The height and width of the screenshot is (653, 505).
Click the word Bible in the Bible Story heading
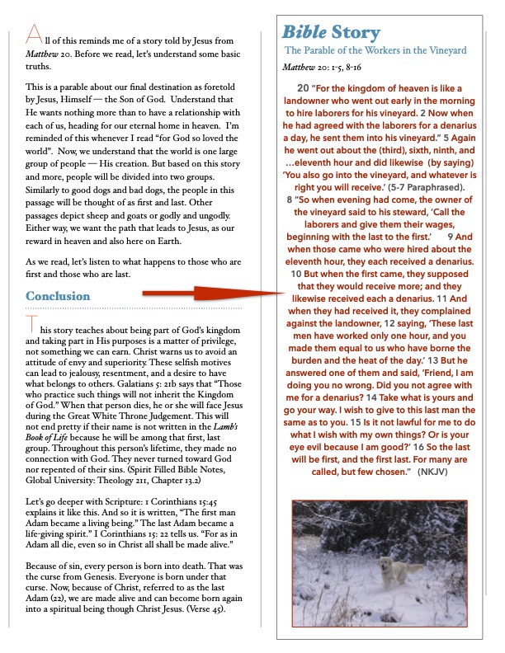pos(304,33)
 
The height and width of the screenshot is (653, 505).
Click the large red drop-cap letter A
pos(34,33)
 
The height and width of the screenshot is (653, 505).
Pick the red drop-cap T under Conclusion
pos(31,324)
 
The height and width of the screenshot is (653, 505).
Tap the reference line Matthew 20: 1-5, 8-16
pos(326,67)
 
